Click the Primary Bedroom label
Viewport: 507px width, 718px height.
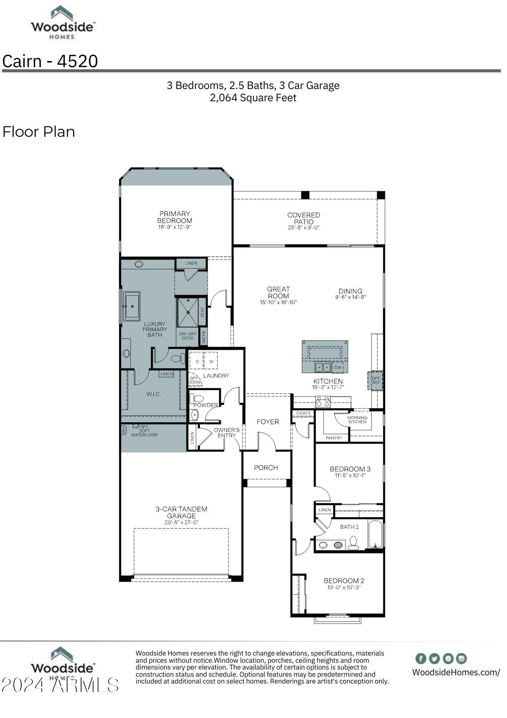point(175,217)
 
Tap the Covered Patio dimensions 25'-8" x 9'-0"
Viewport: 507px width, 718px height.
point(303,228)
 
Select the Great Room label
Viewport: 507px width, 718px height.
point(278,293)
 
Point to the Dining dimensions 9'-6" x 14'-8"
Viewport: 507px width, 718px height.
point(350,297)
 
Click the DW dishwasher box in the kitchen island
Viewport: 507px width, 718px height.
point(338,368)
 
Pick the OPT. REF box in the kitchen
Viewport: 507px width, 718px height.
point(376,381)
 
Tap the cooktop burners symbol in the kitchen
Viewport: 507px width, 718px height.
point(323,402)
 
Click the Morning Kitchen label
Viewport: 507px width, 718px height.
point(357,420)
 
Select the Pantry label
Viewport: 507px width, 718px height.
point(334,438)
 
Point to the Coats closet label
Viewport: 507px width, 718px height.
point(303,413)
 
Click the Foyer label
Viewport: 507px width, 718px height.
point(267,422)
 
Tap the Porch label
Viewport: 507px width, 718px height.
point(266,468)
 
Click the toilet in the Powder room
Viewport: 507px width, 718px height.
point(196,398)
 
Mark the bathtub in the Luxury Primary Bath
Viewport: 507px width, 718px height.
point(132,306)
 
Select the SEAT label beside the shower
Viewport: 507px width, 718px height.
point(202,312)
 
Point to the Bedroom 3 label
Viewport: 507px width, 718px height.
point(350,469)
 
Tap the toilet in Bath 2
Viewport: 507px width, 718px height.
point(353,543)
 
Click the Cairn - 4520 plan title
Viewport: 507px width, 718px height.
point(50,61)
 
